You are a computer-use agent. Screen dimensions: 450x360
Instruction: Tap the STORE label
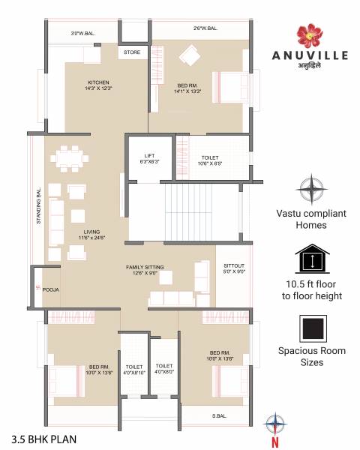pyautogui.click(x=132, y=52)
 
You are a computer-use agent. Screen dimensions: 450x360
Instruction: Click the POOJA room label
pyautogui.click(x=50, y=289)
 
